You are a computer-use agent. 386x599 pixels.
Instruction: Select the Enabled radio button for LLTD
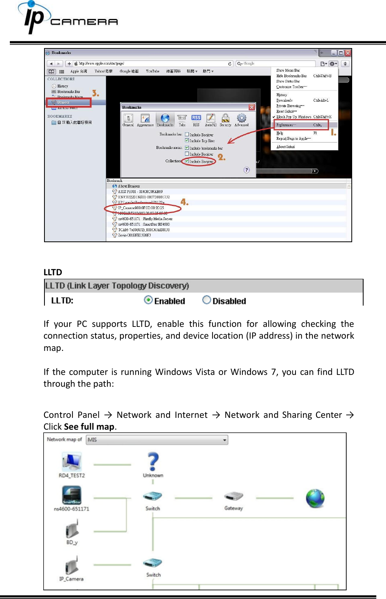click(148, 300)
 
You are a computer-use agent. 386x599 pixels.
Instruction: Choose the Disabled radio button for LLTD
click(207, 300)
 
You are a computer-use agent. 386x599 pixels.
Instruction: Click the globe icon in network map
click(315, 498)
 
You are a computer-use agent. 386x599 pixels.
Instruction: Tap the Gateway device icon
click(234, 496)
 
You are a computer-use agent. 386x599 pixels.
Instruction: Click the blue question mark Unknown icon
click(153, 462)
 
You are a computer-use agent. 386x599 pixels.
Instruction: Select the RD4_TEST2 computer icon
click(72, 462)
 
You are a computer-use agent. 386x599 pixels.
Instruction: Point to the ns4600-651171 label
click(72, 509)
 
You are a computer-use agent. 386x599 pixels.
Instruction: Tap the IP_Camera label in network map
click(71, 579)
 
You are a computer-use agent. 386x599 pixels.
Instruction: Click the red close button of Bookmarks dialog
click(252, 107)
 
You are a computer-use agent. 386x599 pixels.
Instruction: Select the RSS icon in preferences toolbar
click(196, 118)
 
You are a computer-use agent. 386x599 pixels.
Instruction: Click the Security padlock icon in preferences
click(225, 118)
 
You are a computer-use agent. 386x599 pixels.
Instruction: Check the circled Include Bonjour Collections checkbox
click(187, 161)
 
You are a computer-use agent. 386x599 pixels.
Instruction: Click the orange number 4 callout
click(184, 202)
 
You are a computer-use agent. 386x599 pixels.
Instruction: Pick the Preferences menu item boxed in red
click(301, 125)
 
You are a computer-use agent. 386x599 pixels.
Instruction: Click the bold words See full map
click(89, 427)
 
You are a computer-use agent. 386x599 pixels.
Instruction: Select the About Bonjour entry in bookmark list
click(129, 186)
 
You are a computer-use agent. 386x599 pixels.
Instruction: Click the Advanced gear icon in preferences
click(242, 118)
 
